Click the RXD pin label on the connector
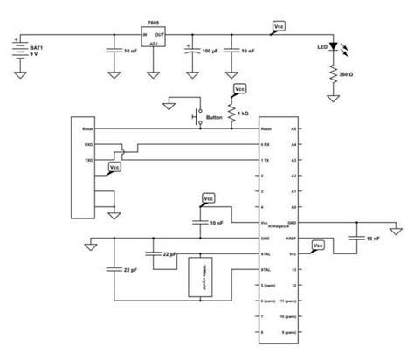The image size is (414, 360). (x=76, y=144)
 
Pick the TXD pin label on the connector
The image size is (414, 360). (x=76, y=161)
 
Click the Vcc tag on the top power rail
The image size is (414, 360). (x=278, y=28)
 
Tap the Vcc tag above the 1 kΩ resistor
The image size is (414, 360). (x=239, y=90)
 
